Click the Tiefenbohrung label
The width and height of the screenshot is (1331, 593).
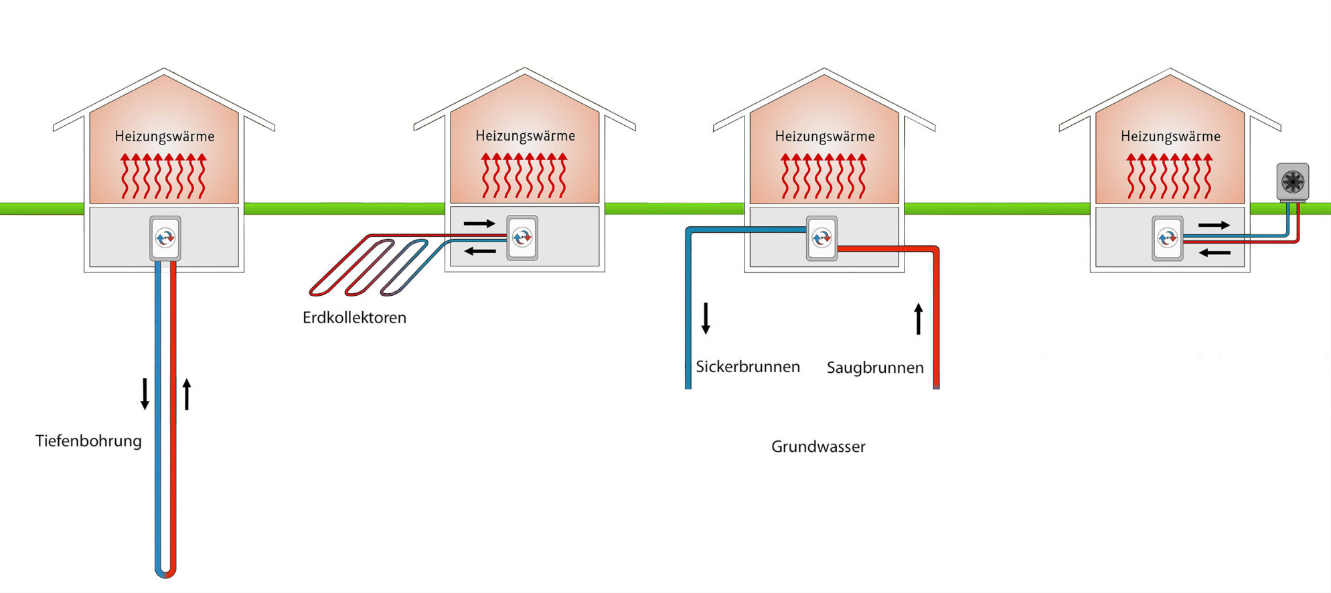[x=88, y=441]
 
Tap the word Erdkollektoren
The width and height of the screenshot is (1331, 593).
[x=354, y=318]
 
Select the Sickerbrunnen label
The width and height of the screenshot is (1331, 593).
[x=748, y=367]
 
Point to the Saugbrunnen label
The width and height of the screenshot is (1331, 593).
[x=875, y=367]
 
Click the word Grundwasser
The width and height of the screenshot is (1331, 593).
[x=818, y=446]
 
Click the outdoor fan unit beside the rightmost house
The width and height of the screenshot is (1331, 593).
[x=1292, y=181]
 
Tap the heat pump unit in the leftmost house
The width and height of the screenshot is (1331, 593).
[x=165, y=238]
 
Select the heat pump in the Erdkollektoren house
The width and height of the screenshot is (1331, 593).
[x=522, y=237]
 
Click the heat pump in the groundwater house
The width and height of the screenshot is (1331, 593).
[x=821, y=238]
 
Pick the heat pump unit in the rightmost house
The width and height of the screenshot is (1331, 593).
[x=1168, y=238]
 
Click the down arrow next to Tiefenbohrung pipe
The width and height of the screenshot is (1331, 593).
[x=145, y=394]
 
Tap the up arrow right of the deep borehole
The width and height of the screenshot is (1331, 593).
[x=187, y=394]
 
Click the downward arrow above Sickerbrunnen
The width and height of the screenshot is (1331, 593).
[x=706, y=319]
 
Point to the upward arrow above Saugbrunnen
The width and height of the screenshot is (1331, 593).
[x=919, y=319]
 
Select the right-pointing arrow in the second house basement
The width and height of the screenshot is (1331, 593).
[x=479, y=224]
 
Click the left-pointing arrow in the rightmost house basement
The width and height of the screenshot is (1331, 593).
[x=1215, y=253]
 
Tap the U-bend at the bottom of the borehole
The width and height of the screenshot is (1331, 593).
[x=165, y=572]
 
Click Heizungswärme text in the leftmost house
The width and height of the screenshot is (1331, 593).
[x=165, y=137]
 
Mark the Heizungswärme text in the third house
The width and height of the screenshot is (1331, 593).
[x=825, y=137]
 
